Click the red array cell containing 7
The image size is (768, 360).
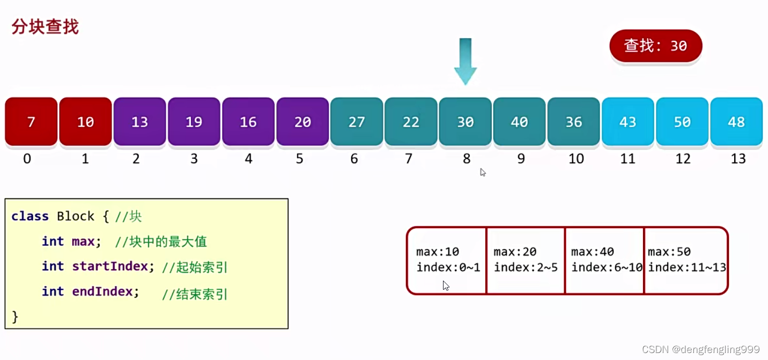click(x=31, y=121)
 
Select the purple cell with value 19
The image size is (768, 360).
click(x=194, y=121)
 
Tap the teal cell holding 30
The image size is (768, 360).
click(x=466, y=121)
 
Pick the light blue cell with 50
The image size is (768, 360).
click(x=682, y=121)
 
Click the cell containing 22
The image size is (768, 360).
click(x=411, y=121)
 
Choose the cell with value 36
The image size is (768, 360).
click(x=574, y=121)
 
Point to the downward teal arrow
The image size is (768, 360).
click(x=466, y=61)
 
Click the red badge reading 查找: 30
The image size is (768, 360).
click(x=655, y=46)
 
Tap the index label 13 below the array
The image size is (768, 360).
click(x=738, y=159)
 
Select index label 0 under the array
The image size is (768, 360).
click(x=27, y=159)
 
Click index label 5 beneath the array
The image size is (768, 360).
click(x=300, y=159)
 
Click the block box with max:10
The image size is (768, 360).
click(x=446, y=260)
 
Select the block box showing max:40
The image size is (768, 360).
click(x=604, y=260)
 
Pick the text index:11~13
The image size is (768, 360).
click(x=686, y=267)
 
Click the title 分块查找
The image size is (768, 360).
click(x=45, y=26)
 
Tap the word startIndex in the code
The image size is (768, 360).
click(x=110, y=266)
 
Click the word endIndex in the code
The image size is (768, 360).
click(x=102, y=291)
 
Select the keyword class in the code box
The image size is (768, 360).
click(x=30, y=216)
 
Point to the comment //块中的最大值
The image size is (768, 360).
click(x=161, y=242)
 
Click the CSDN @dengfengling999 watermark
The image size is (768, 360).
click(x=700, y=349)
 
